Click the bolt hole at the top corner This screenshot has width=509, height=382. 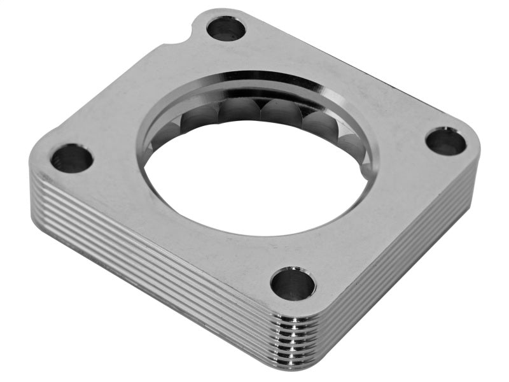click(226, 28)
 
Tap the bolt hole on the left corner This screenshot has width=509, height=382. click(71, 158)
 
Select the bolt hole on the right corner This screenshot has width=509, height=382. click(445, 141)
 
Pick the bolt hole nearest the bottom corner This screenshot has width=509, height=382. click(293, 283)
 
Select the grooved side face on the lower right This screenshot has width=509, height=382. click(407, 267)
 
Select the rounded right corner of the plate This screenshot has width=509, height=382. click(474, 143)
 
